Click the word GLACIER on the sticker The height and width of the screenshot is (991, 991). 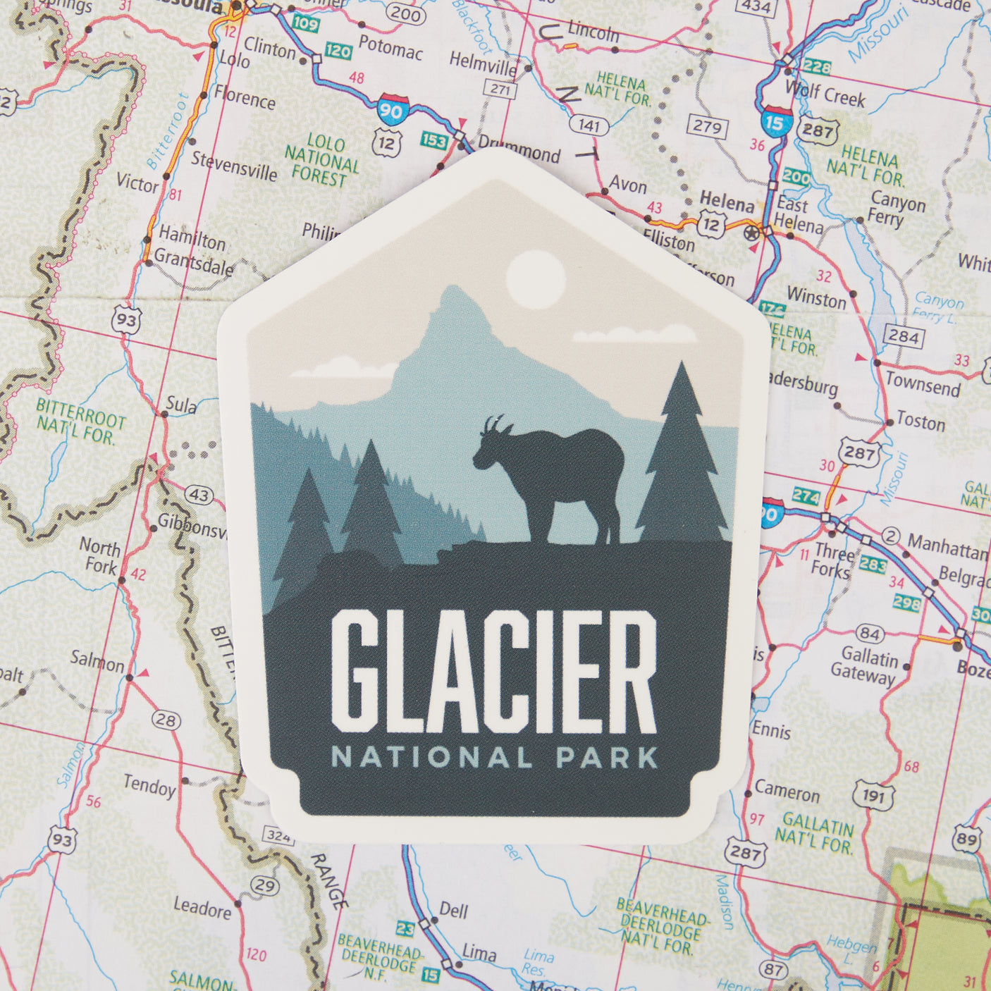pyautogui.click(x=493, y=671)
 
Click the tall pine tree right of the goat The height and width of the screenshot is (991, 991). pyautogui.click(x=681, y=458)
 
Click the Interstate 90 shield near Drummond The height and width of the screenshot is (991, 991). pyautogui.click(x=390, y=109)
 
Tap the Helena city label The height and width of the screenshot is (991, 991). pyautogui.click(x=726, y=203)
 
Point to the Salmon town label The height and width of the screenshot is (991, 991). pyautogui.click(x=97, y=662)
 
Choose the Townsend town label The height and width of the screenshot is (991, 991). pyautogui.click(x=923, y=385)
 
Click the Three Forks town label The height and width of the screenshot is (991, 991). pyautogui.click(x=835, y=560)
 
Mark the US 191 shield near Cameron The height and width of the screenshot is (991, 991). pyautogui.click(x=873, y=796)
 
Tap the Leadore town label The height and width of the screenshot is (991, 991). pyautogui.click(x=202, y=908)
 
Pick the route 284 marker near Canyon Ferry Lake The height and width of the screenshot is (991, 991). pyautogui.click(x=903, y=336)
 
